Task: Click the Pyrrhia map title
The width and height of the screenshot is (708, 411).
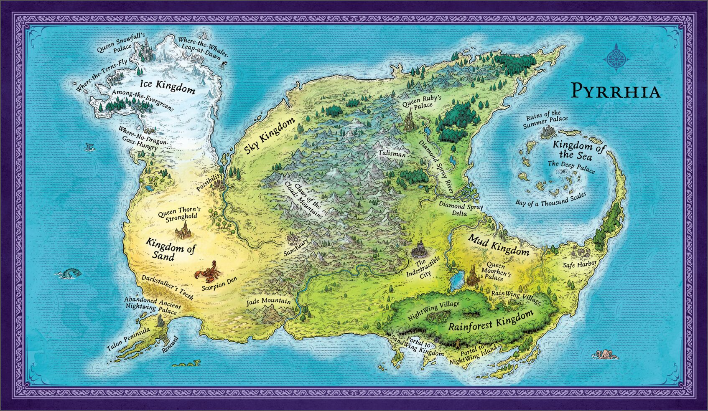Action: pyautogui.click(x=616, y=91)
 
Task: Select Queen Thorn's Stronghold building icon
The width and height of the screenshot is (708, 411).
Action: pyautogui.click(x=183, y=230)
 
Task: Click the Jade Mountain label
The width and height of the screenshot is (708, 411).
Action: pyautogui.click(x=268, y=301)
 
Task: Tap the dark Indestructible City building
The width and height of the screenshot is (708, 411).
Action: pyautogui.click(x=419, y=249)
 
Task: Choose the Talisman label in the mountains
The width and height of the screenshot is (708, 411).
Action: pyautogui.click(x=392, y=154)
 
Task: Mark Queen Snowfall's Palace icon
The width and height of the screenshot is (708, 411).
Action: pyautogui.click(x=147, y=52)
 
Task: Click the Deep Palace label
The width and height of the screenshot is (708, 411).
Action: pyautogui.click(x=571, y=167)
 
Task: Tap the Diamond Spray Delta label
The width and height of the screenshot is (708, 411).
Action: pyautogui.click(x=461, y=209)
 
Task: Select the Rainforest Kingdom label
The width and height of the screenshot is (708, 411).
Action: pyautogui.click(x=491, y=320)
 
